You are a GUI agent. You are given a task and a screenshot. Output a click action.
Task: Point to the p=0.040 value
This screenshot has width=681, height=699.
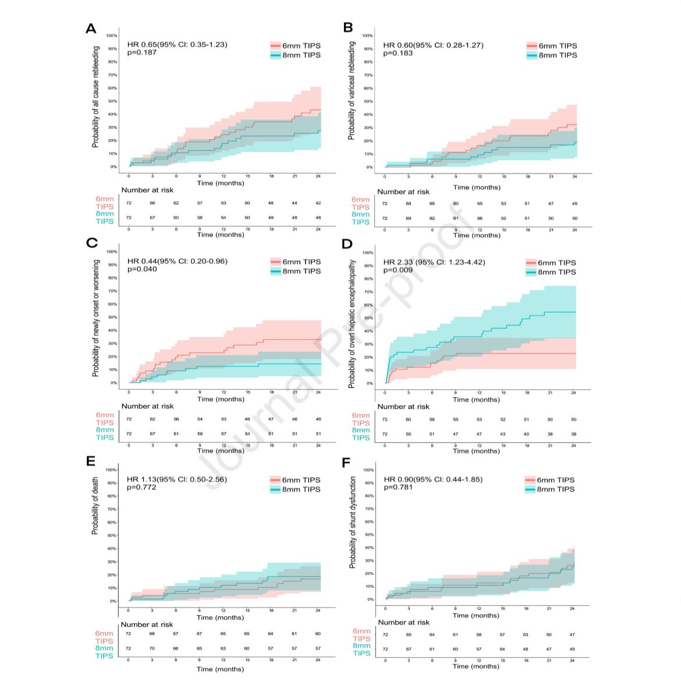click(x=142, y=269)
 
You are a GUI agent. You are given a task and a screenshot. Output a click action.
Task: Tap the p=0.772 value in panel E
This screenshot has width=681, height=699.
click(x=141, y=487)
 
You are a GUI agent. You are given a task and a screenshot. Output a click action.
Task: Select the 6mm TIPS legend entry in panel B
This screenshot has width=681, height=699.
click(x=551, y=45)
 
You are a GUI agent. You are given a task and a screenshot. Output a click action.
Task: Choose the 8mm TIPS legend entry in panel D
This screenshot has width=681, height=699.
click(x=551, y=272)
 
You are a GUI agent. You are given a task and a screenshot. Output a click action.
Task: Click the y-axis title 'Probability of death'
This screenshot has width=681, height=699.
click(x=95, y=507)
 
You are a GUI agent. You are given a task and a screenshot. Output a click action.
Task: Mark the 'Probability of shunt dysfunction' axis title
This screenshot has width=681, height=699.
click(x=352, y=523)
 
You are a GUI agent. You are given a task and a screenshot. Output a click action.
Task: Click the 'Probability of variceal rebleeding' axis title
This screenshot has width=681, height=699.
click(x=352, y=90)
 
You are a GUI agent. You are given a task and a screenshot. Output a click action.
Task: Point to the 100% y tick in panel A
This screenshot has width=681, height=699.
click(x=112, y=36)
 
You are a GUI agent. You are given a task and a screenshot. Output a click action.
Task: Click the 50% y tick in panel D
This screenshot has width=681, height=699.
click(x=368, y=318)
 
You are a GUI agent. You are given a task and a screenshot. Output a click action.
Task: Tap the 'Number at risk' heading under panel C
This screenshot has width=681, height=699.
click(x=147, y=406)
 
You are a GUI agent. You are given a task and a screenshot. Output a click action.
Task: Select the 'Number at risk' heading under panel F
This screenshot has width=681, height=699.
click(x=403, y=623)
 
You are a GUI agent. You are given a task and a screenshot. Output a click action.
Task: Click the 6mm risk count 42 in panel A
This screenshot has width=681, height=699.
click(x=318, y=203)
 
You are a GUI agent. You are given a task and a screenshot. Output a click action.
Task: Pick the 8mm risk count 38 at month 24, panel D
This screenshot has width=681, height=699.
click(x=574, y=434)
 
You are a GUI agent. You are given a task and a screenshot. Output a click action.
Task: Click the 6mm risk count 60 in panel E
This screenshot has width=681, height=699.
click(x=318, y=634)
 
